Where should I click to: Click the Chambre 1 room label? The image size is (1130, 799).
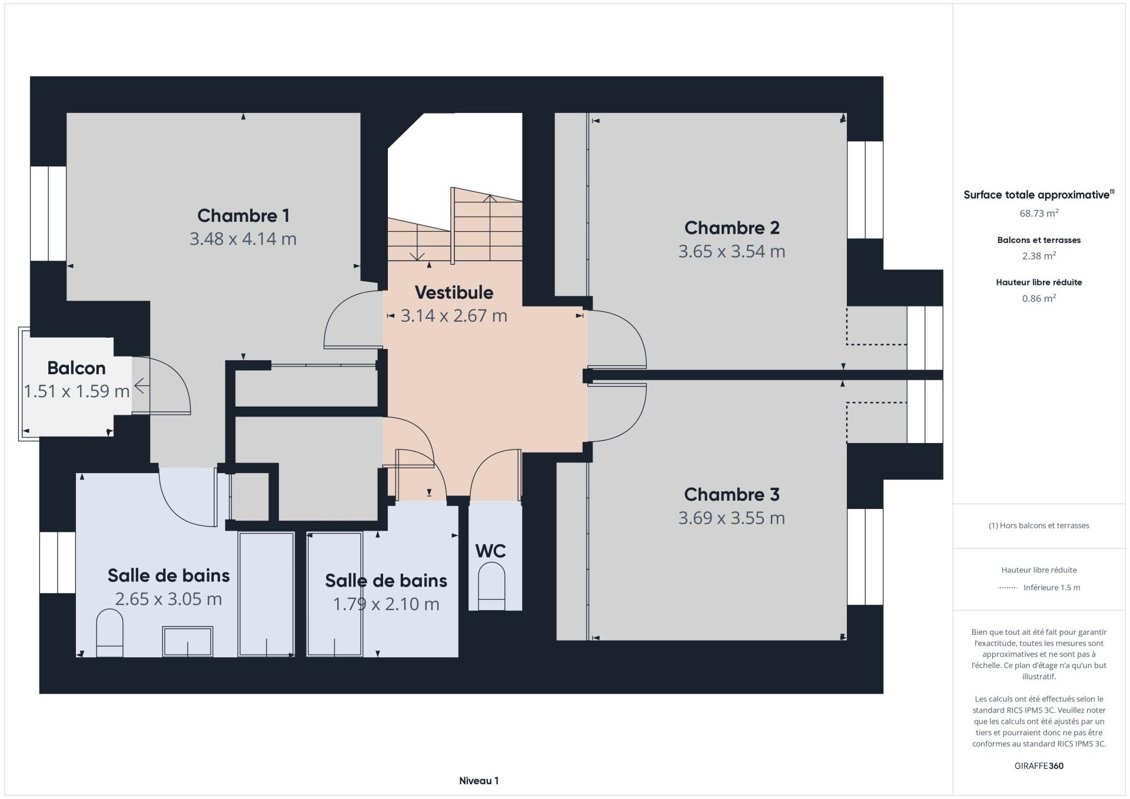pos(243,216)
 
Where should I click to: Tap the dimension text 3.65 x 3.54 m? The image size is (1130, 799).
pos(732,251)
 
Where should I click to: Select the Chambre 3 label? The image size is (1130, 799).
pos(732,494)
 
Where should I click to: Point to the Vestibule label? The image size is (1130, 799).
pos(454,292)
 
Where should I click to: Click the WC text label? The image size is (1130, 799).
pos(491,551)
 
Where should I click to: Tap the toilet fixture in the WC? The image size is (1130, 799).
pos(491,587)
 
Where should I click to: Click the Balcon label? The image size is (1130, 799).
pos(77,368)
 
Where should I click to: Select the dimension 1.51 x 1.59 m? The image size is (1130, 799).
pos(77,391)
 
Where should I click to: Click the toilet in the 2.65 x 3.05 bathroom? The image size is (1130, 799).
pos(109,633)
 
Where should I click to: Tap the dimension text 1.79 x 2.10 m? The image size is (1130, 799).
pos(386,604)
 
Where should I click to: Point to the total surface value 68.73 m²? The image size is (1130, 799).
pos(1039,213)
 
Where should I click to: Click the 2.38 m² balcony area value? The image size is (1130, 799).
pos(1039,256)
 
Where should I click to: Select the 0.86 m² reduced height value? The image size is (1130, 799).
pos(1039,298)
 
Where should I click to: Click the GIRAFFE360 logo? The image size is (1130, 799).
pos(1039,766)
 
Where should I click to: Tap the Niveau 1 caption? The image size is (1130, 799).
pos(478,781)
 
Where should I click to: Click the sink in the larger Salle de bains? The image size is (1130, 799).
pos(188,641)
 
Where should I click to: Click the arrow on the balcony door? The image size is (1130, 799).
pos(142,387)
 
